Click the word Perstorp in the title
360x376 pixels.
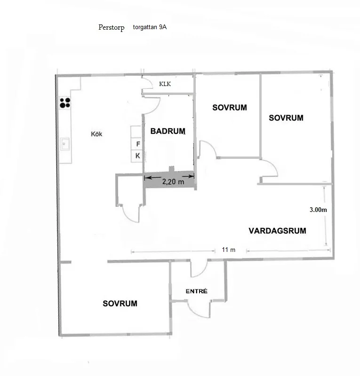click(x=112, y=28)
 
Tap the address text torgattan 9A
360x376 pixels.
click(x=150, y=27)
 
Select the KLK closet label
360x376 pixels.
click(x=165, y=85)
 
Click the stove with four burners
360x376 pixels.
click(x=65, y=102)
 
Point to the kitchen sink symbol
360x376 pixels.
click(x=64, y=143)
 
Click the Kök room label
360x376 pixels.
click(x=96, y=134)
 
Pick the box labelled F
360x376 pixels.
click(x=138, y=144)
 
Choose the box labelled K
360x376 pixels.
click(x=138, y=156)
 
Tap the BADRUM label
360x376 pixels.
click(x=168, y=132)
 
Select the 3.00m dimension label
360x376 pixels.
click(x=318, y=210)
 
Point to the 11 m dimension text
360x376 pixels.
click(x=229, y=250)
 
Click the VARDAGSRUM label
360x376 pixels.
click(x=277, y=231)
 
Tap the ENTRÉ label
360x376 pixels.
click(x=197, y=291)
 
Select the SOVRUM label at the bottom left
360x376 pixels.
click(x=120, y=304)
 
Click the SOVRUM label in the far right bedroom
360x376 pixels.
click(x=286, y=118)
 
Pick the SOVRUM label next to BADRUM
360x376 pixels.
click(x=229, y=108)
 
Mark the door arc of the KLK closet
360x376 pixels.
click(x=148, y=85)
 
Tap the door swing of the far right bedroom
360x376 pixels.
click(x=270, y=169)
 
